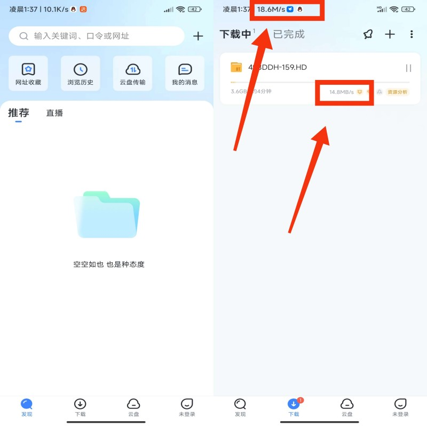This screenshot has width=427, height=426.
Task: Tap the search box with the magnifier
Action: click(97, 36)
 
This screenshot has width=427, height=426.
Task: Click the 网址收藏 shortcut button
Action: click(28, 74)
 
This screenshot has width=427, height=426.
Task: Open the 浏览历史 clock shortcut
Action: click(81, 74)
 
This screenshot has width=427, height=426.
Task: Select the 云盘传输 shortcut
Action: click(132, 74)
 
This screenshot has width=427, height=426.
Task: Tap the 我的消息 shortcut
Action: click(185, 74)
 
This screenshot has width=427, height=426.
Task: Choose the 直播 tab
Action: click(54, 113)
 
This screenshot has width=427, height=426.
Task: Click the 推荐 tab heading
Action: click(19, 113)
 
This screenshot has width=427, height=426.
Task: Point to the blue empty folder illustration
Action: click(107, 214)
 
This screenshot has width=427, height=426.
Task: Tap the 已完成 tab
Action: click(289, 34)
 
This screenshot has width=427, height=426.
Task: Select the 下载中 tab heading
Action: click(235, 35)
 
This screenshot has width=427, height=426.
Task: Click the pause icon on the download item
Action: click(408, 68)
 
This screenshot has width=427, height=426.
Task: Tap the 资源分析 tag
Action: click(398, 92)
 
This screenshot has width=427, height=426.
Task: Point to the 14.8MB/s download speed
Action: click(341, 92)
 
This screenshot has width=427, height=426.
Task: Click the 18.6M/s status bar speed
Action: click(271, 10)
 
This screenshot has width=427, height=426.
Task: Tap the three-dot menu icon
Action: click(412, 34)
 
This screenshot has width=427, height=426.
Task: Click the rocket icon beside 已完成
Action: click(368, 34)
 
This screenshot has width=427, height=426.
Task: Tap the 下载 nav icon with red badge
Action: click(294, 405)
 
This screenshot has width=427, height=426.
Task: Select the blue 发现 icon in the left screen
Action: click(27, 405)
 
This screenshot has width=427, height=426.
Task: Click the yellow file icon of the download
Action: click(236, 67)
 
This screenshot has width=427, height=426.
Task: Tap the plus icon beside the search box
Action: click(198, 36)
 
